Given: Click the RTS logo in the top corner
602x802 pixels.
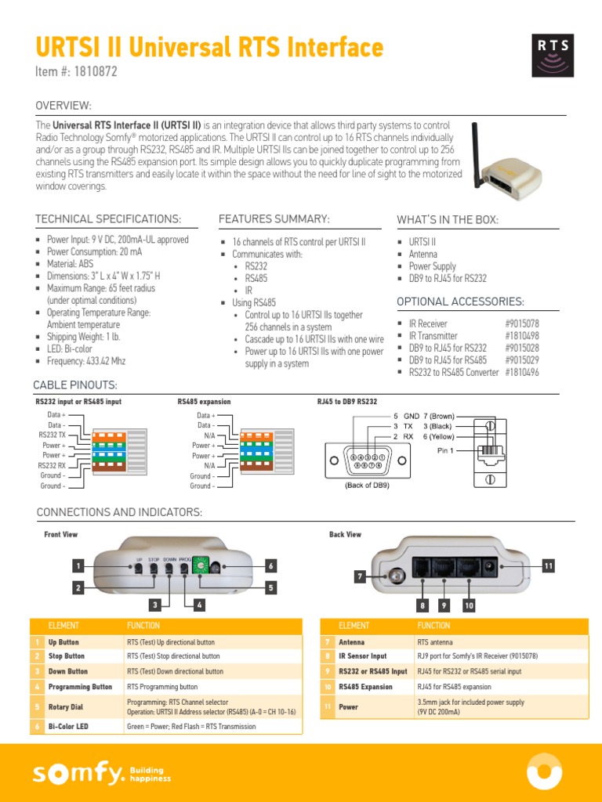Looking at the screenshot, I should [553, 54].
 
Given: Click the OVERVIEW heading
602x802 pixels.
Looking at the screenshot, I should [63, 106].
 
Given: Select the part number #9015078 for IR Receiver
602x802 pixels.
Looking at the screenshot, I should [522, 323].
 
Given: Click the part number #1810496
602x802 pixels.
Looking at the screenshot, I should [522, 373].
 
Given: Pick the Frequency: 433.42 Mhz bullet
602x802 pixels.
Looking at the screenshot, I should [85, 361].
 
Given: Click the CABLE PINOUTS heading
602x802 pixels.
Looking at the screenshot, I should [75, 385].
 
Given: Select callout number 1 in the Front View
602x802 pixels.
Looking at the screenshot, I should [78, 565].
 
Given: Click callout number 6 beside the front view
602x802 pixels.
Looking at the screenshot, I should [270, 565].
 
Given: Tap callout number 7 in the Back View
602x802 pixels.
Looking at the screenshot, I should [360, 576].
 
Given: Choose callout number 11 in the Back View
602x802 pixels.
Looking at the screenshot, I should [548, 565].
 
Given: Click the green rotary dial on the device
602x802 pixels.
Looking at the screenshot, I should [202, 564].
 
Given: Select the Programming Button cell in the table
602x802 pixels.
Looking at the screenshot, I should [80, 687].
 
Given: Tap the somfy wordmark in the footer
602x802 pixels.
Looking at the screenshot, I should [78, 775].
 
